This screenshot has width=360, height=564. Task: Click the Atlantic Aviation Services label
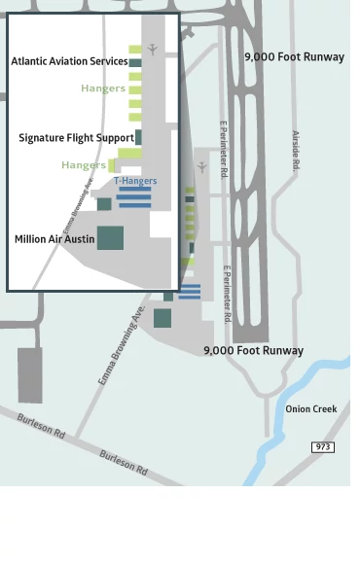[x=69, y=61]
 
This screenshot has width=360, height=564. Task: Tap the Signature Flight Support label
[x=76, y=138]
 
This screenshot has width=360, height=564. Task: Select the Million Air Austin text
[x=54, y=238]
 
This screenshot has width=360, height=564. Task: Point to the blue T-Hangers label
[x=135, y=181]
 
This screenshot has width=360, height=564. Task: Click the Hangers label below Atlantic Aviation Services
[x=103, y=88]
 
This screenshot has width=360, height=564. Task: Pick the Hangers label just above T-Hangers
[x=84, y=165]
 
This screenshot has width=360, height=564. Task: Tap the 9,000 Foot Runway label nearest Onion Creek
[x=253, y=350]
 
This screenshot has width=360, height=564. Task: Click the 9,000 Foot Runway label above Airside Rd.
[x=294, y=56]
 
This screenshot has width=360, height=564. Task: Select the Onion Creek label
[x=311, y=409]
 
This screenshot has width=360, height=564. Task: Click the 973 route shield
[x=323, y=446]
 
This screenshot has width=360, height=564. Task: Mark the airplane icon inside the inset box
[x=153, y=49]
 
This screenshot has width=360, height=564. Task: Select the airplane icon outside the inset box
[x=202, y=167]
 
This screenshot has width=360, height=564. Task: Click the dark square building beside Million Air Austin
[x=110, y=237]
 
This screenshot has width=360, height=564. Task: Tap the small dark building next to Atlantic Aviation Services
[x=135, y=63]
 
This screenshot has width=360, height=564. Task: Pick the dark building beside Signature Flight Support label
[x=139, y=137]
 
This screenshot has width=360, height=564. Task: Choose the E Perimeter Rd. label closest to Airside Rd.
[x=225, y=149]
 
